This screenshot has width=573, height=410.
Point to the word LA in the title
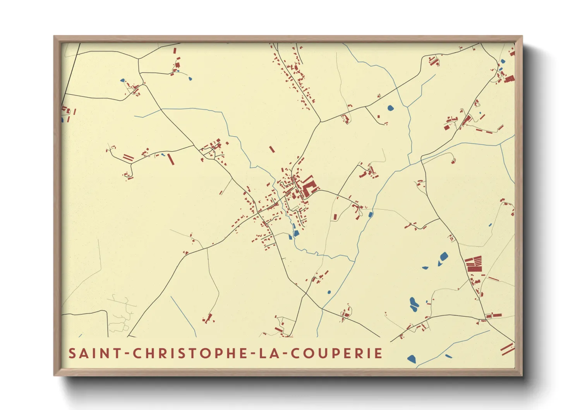[x=265, y=353]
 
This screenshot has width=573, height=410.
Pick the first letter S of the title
[x=72, y=353]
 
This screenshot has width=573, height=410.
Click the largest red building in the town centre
[x=309, y=188]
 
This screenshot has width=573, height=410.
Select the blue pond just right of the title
[x=412, y=359]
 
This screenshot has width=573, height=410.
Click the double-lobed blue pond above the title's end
[x=413, y=304]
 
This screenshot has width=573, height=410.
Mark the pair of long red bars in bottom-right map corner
[x=507, y=348]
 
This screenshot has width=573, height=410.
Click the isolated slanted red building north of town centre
[x=272, y=149]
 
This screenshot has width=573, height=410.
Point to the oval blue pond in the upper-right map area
[x=390, y=108]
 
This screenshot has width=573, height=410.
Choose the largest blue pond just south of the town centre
[x=296, y=233]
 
